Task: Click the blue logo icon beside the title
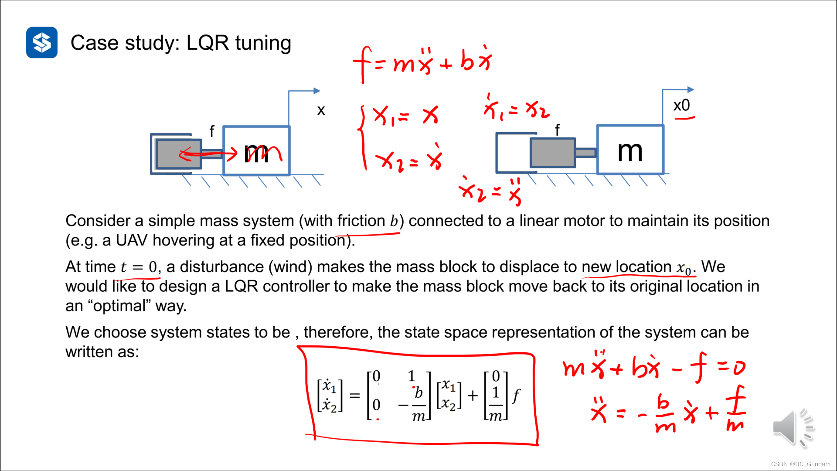tap(42, 42)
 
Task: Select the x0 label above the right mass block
tap(681, 106)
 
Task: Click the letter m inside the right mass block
tap(630, 151)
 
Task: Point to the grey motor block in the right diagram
tap(552, 153)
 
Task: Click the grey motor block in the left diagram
tap(178, 154)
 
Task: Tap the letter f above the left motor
tap(212, 131)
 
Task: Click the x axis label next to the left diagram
tap(321, 110)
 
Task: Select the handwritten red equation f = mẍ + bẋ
tap(422, 63)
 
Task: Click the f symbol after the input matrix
tap(516, 396)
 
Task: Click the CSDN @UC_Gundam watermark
tap(800, 464)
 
